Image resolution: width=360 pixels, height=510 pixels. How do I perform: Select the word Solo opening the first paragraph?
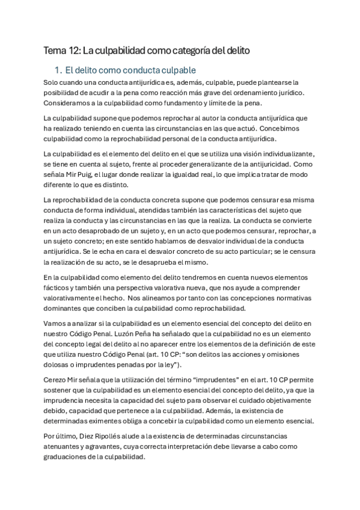pyautogui.click(x=53, y=82)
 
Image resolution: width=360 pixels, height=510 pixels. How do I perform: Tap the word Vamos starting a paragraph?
pyautogui.click(x=56, y=324)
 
